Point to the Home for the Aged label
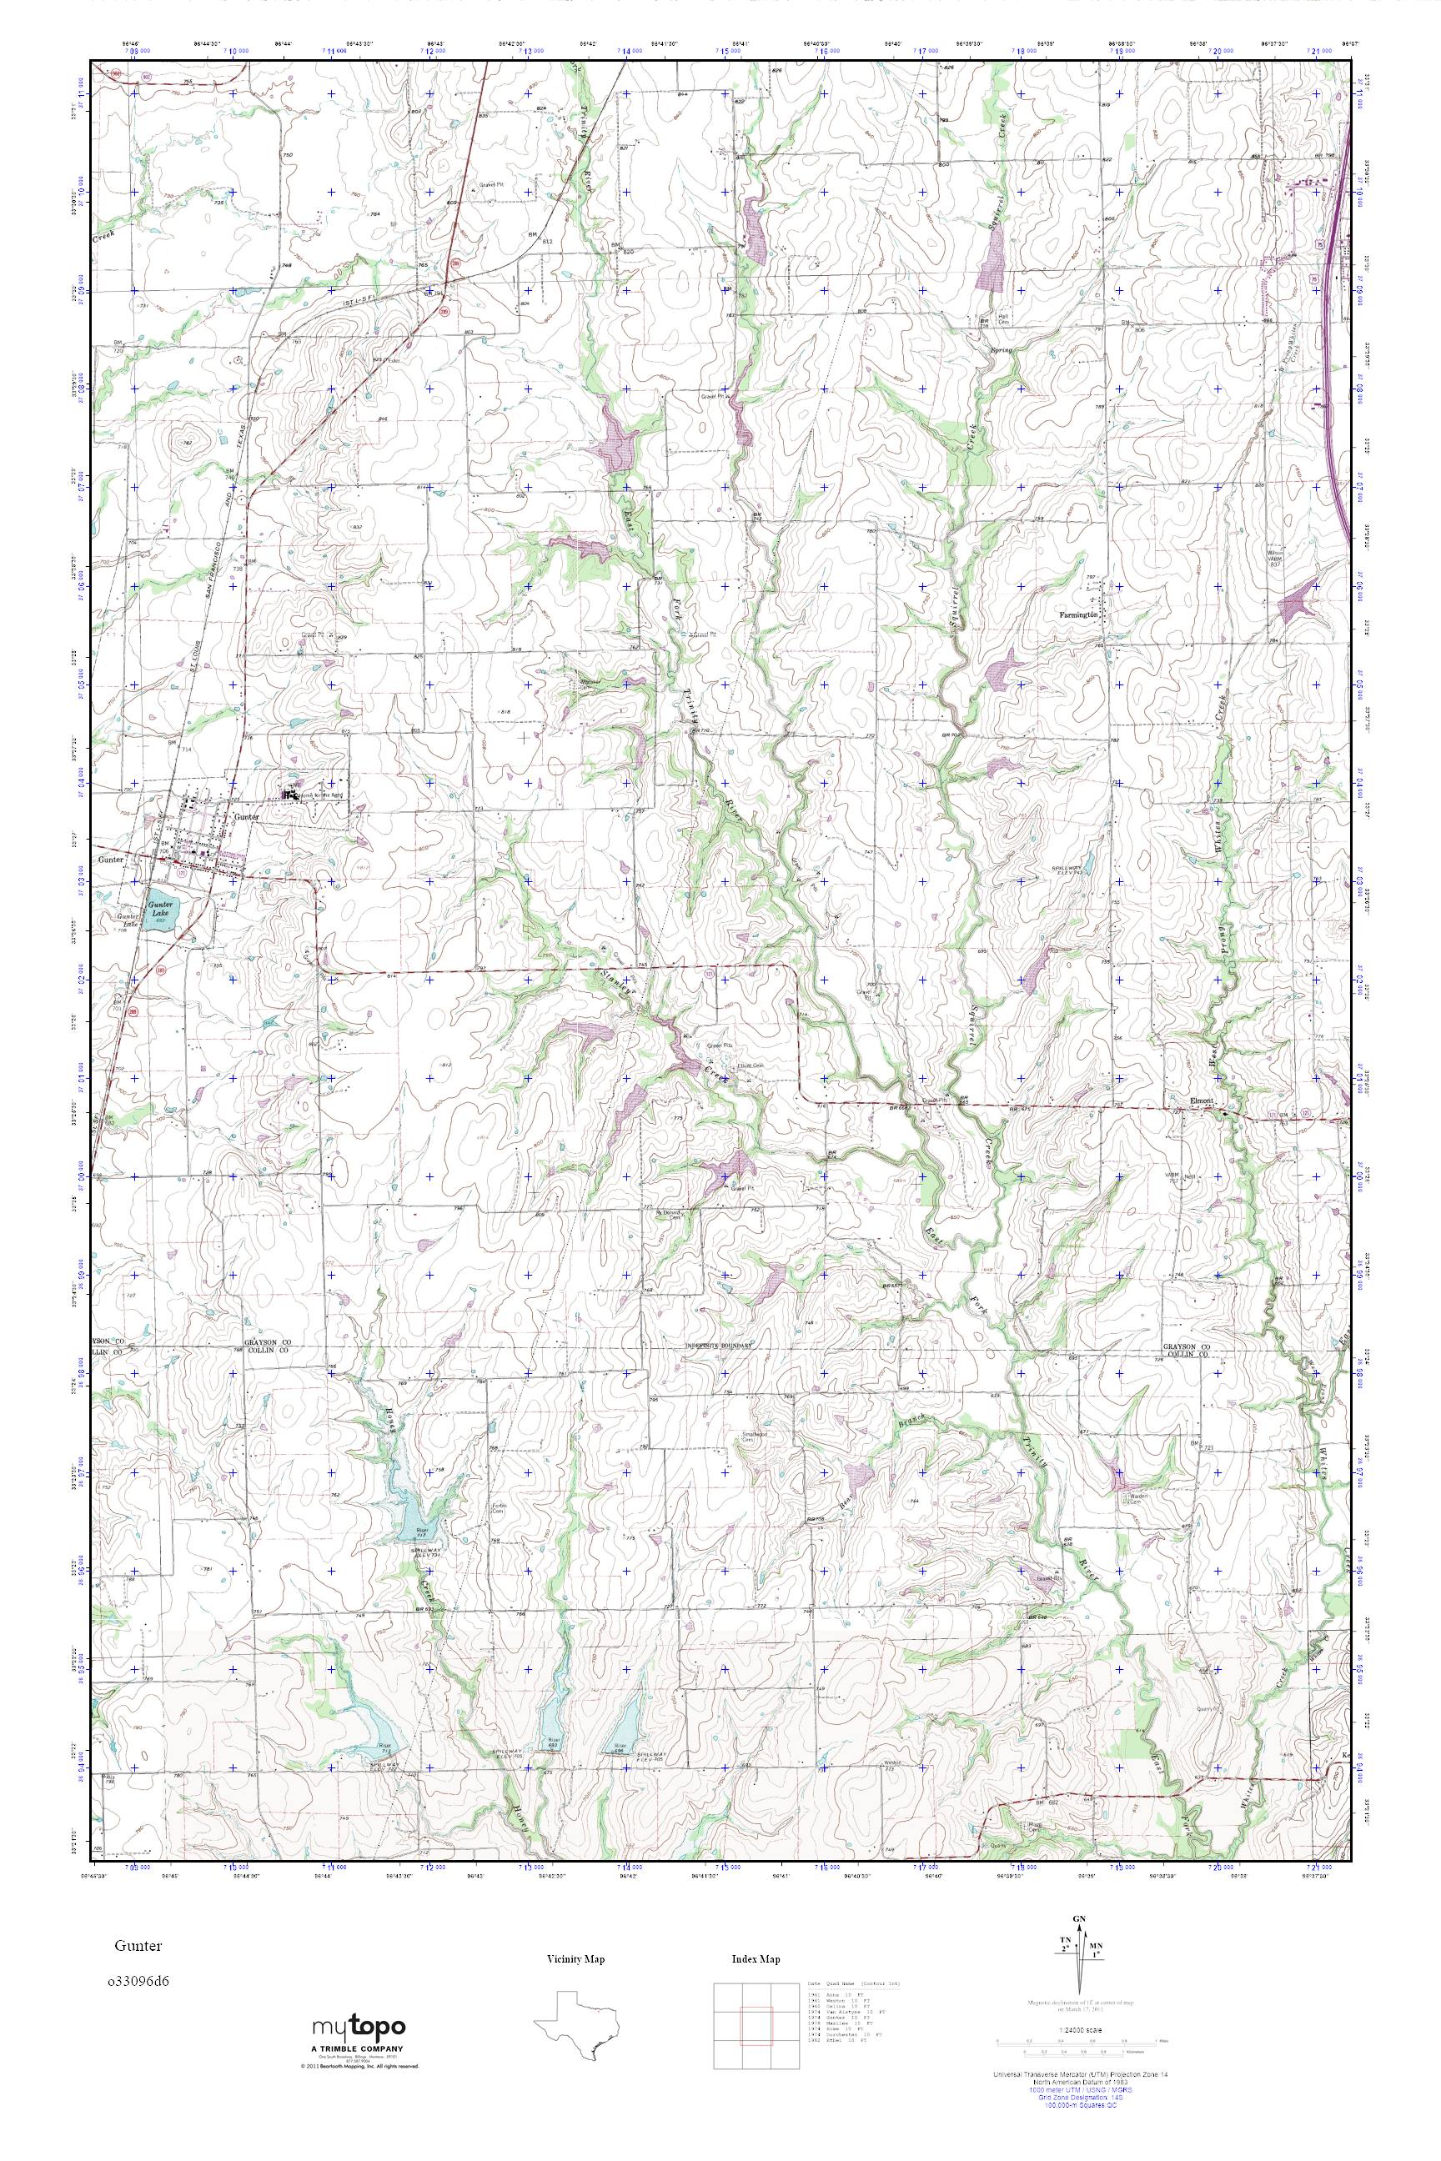[x=315, y=793]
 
